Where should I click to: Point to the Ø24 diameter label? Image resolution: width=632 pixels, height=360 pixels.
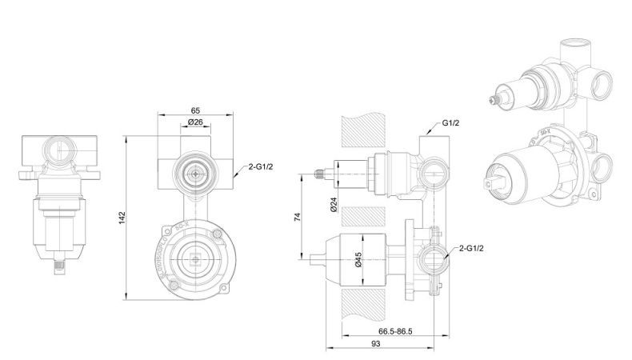(334, 206)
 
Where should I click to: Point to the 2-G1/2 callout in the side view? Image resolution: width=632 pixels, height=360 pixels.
(473, 249)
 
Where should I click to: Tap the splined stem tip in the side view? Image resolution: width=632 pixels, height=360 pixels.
(320, 173)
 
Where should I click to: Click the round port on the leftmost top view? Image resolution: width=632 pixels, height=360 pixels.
(60, 150)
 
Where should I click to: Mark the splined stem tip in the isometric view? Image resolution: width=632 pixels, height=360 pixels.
(492, 101)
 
